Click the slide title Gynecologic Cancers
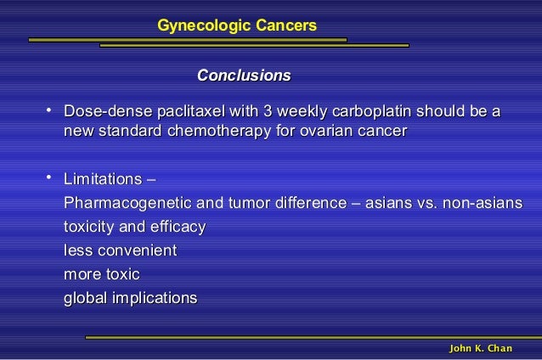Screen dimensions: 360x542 [x=237, y=27]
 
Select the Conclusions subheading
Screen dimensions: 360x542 [x=243, y=76]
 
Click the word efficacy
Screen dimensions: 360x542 [x=178, y=228]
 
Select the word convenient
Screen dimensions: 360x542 [x=137, y=251]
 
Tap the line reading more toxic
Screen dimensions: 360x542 [x=102, y=275]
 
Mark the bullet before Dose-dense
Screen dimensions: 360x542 [x=50, y=110]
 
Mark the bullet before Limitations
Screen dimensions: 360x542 [x=50, y=178]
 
